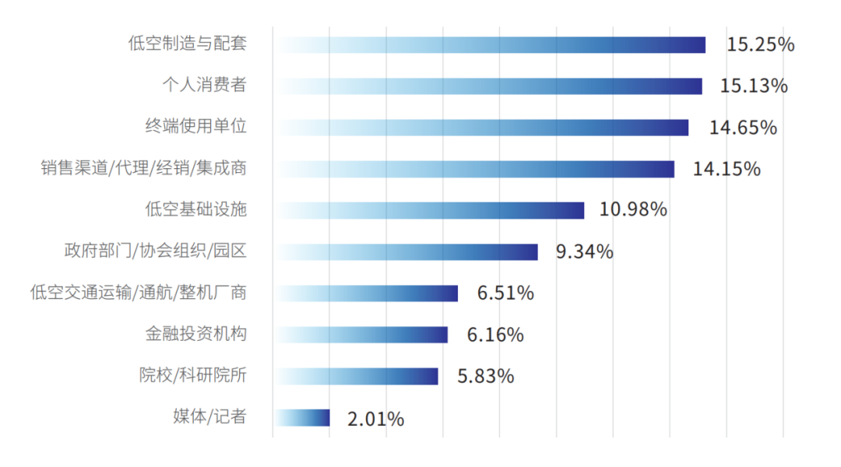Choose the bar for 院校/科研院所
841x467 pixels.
click(356, 376)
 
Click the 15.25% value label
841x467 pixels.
click(760, 44)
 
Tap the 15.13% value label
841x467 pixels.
click(754, 86)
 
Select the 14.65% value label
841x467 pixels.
click(743, 128)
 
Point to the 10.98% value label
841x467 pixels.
click(633, 210)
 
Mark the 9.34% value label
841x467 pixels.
click(584, 252)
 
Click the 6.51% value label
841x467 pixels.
click(505, 293)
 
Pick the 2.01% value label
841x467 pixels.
click(375, 419)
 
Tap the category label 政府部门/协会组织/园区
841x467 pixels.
click(155, 251)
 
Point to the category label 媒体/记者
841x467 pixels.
click(209, 417)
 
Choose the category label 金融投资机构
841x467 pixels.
click(195, 334)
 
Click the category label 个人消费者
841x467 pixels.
click(204, 85)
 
